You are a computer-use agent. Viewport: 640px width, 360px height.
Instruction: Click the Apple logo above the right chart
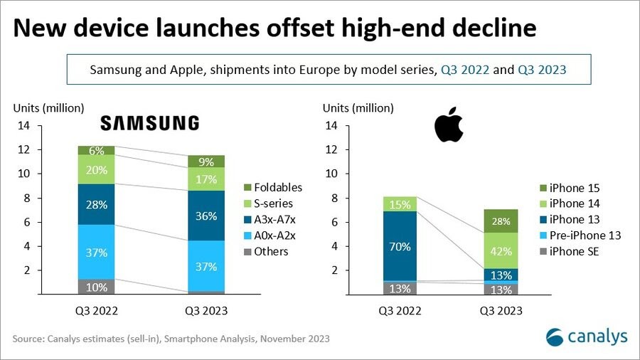pyautogui.click(x=449, y=125)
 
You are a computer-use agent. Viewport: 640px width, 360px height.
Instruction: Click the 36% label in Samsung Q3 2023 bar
pyautogui.click(x=206, y=216)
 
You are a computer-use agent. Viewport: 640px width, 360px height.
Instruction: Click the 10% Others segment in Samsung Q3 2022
pyautogui.click(x=97, y=287)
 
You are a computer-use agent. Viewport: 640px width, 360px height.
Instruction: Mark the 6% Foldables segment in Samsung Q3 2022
pyautogui.click(x=97, y=150)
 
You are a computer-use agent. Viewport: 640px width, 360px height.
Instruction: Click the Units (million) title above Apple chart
pyautogui.click(x=359, y=108)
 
